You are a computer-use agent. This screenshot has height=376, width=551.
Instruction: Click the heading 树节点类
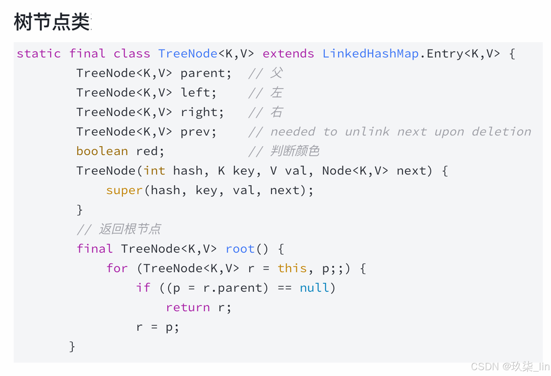tap(52, 22)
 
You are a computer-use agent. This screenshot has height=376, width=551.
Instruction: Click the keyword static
tap(39, 54)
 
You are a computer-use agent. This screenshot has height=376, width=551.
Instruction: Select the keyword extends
tap(288, 54)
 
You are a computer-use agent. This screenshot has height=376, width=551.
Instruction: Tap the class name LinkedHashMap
tap(370, 54)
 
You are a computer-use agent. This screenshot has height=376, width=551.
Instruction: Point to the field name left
tap(196, 93)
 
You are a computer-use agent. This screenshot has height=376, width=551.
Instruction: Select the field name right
tap(199, 112)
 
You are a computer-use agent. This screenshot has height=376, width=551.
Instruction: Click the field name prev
tap(196, 132)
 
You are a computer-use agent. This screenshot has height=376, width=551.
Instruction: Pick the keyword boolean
tap(102, 151)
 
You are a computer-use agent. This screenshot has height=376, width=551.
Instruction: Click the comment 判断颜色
tap(295, 151)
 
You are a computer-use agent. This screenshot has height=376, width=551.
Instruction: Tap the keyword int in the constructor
tap(154, 171)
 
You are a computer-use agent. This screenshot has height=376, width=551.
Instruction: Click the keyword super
tap(124, 191)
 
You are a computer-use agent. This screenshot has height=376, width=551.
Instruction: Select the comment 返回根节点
tap(130, 229)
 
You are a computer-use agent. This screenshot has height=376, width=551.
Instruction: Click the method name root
tap(240, 249)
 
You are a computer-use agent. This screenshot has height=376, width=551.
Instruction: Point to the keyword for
tap(117, 268)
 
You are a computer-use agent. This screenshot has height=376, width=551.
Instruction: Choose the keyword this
tap(292, 268)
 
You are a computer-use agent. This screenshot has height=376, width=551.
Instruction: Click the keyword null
tap(314, 288)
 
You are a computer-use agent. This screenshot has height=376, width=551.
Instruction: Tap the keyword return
tap(188, 307)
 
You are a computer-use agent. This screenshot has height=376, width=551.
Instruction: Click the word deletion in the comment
tap(501, 132)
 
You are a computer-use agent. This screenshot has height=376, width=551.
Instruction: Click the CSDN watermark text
tap(510, 367)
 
